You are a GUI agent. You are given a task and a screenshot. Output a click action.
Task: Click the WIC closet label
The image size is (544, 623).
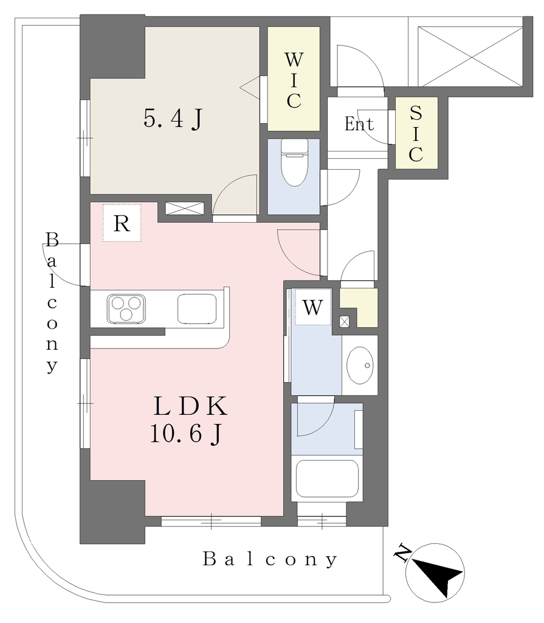pos(294,80)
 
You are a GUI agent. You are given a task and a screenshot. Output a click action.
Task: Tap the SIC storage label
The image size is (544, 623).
pos(416,134)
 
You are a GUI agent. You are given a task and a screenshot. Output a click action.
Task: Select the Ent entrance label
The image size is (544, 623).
pos(359,124)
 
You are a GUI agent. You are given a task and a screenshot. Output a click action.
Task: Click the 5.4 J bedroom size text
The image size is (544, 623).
pos(173,119)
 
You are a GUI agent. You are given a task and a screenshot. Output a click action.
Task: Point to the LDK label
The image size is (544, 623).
pos(191,406)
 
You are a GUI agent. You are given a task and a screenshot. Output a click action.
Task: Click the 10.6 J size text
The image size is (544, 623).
pos(185,433)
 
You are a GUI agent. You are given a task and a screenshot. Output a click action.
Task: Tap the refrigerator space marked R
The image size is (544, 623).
pos(122,223)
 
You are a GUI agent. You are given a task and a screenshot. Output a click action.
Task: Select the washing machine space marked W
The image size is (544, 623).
pos(313,307)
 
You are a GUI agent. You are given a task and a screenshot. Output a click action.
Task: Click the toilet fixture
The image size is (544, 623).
pos(294,162)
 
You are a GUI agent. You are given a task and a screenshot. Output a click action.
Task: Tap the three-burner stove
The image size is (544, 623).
pos(126,308)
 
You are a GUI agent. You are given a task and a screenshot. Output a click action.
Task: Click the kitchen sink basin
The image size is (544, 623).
pos(197,308)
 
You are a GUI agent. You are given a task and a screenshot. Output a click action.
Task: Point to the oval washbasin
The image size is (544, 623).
pos(360,365)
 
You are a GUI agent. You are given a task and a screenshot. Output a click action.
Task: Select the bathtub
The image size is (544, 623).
pos(327,479)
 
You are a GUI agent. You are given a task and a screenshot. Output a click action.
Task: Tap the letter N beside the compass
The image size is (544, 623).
pos(402,552)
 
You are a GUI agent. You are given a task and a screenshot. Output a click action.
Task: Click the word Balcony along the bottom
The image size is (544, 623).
pos(270,560)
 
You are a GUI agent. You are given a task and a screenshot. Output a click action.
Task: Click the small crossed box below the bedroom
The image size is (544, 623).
pos(185,209)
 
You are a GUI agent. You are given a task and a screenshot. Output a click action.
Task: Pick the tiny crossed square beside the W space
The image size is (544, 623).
pos(344,321)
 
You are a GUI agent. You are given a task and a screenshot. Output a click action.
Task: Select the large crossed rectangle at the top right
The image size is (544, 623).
pos(470,56)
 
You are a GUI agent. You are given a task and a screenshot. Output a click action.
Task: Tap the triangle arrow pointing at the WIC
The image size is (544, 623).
pos(250,86)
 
